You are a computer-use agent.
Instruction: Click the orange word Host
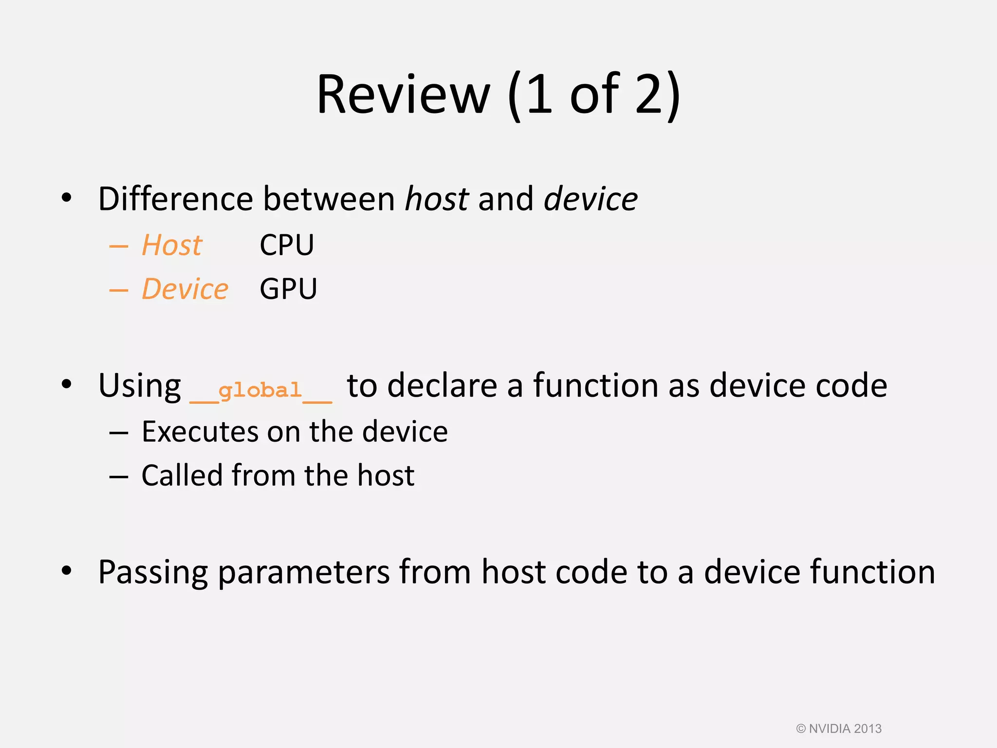coord(172,245)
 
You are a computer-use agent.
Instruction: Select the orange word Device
coord(185,289)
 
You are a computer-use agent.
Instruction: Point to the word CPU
coord(287,245)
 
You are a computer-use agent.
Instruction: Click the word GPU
coord(288,289)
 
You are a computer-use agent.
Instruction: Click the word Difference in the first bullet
coord(175,199)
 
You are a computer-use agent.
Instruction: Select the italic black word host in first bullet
coord(437,199)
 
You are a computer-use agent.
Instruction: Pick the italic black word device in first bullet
coord(591,199)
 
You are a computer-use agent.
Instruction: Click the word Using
coord(140,386)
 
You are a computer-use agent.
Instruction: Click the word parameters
coord(303,573)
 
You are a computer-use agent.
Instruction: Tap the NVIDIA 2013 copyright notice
coord(838,729)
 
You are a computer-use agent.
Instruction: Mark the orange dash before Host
coord(118,247)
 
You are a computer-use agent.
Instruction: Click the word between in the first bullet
coord(329,199)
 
